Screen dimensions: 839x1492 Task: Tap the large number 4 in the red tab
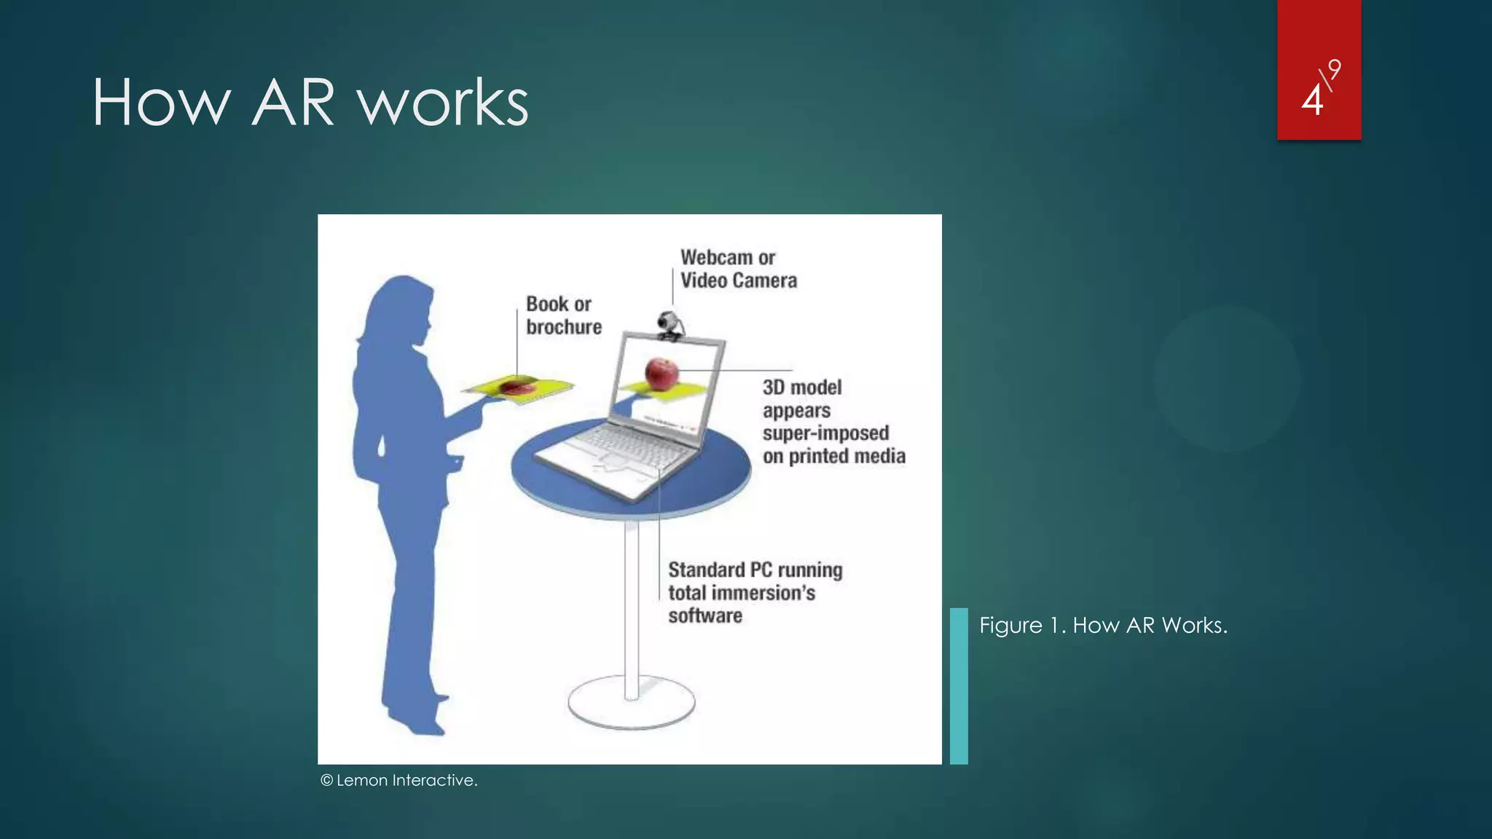(x=1312, y=101)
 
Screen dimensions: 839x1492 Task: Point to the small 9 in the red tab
(x=1334, y=70)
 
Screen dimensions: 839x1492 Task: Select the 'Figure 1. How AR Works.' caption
(x=1103, y=625)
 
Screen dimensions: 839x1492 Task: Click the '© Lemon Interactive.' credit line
(x=398, y=780)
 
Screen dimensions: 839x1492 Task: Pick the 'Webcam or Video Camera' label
(x=738, y=269)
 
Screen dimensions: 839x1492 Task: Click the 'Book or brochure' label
(x=563, y=315)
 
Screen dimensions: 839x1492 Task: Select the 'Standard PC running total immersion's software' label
(x=755, y=592)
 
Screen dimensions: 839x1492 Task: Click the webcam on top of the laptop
(x=670, y=325)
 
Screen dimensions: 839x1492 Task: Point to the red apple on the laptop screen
(x=661, y=374)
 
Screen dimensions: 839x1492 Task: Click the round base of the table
(x=631, y=704)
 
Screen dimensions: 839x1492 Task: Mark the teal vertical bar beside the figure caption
(x=959, y=685)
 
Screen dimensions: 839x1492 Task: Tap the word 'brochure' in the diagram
(x=564, y=327)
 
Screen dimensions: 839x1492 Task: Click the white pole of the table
(x=632, y=604)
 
